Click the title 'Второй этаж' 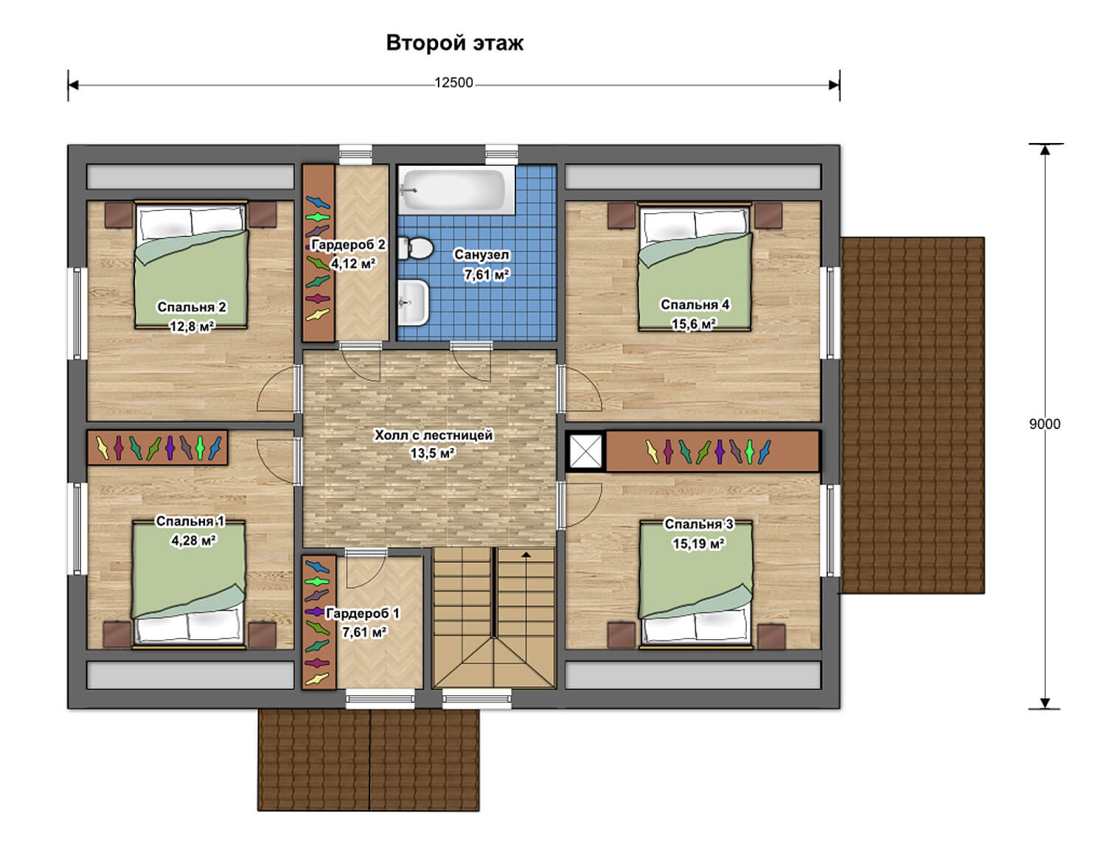(x=454, y=43)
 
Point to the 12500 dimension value (x=453, y=83)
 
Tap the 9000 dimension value (x=1044, y=425)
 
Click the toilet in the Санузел (x=415, y=249)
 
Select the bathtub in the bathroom (x=456, y=189)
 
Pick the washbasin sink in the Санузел (x=414, y=302)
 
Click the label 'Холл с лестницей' (x=434, y=435)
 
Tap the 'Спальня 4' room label (x=695, y=304)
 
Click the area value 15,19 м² (x=698, y=544)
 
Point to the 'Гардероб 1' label (x=362, y=613)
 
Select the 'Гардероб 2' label (x=348, y=245)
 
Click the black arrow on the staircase (x=526, y=554)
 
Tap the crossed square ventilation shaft (x=585, y=451)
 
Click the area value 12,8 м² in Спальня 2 (x=192, y=326)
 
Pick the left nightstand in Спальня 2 (x=119, y=215)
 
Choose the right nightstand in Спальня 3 (x=771, y=637)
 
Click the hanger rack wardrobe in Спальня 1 (x=157, y=447)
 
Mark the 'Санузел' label (x=481, y=254)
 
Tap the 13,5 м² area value (x=433, y=453)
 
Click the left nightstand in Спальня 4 (x=622, y=215)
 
